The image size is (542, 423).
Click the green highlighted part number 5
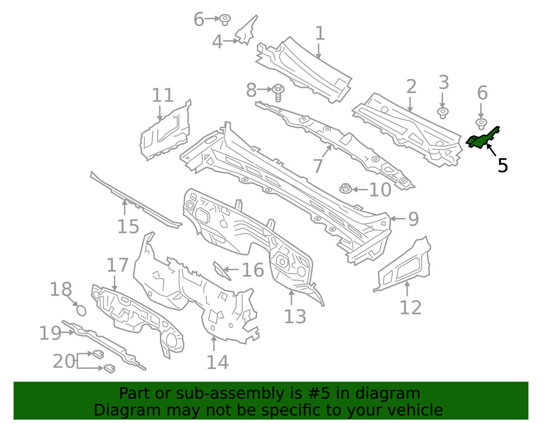[x=481, y=139]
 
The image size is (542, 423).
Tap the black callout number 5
[x=503, y=165]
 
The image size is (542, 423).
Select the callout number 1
[x=320, y=34]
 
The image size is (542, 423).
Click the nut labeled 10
[x=345, y=189]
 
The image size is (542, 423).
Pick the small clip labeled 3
[x=442, y=113]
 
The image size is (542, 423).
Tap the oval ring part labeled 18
[x=80, y=310]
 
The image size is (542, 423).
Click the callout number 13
[x=295, y=316]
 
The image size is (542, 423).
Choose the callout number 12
[x=410, y=307]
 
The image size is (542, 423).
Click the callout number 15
[x=128, y=226]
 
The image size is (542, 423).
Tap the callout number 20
[x=64, y=361]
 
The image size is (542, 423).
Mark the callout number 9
[x=413, y=219]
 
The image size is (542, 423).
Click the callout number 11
[x=163, y=95]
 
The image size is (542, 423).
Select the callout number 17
[x=118, y=265]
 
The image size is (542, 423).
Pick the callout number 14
[x=217, y=361]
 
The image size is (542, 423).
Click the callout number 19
[x=50, y=333]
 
